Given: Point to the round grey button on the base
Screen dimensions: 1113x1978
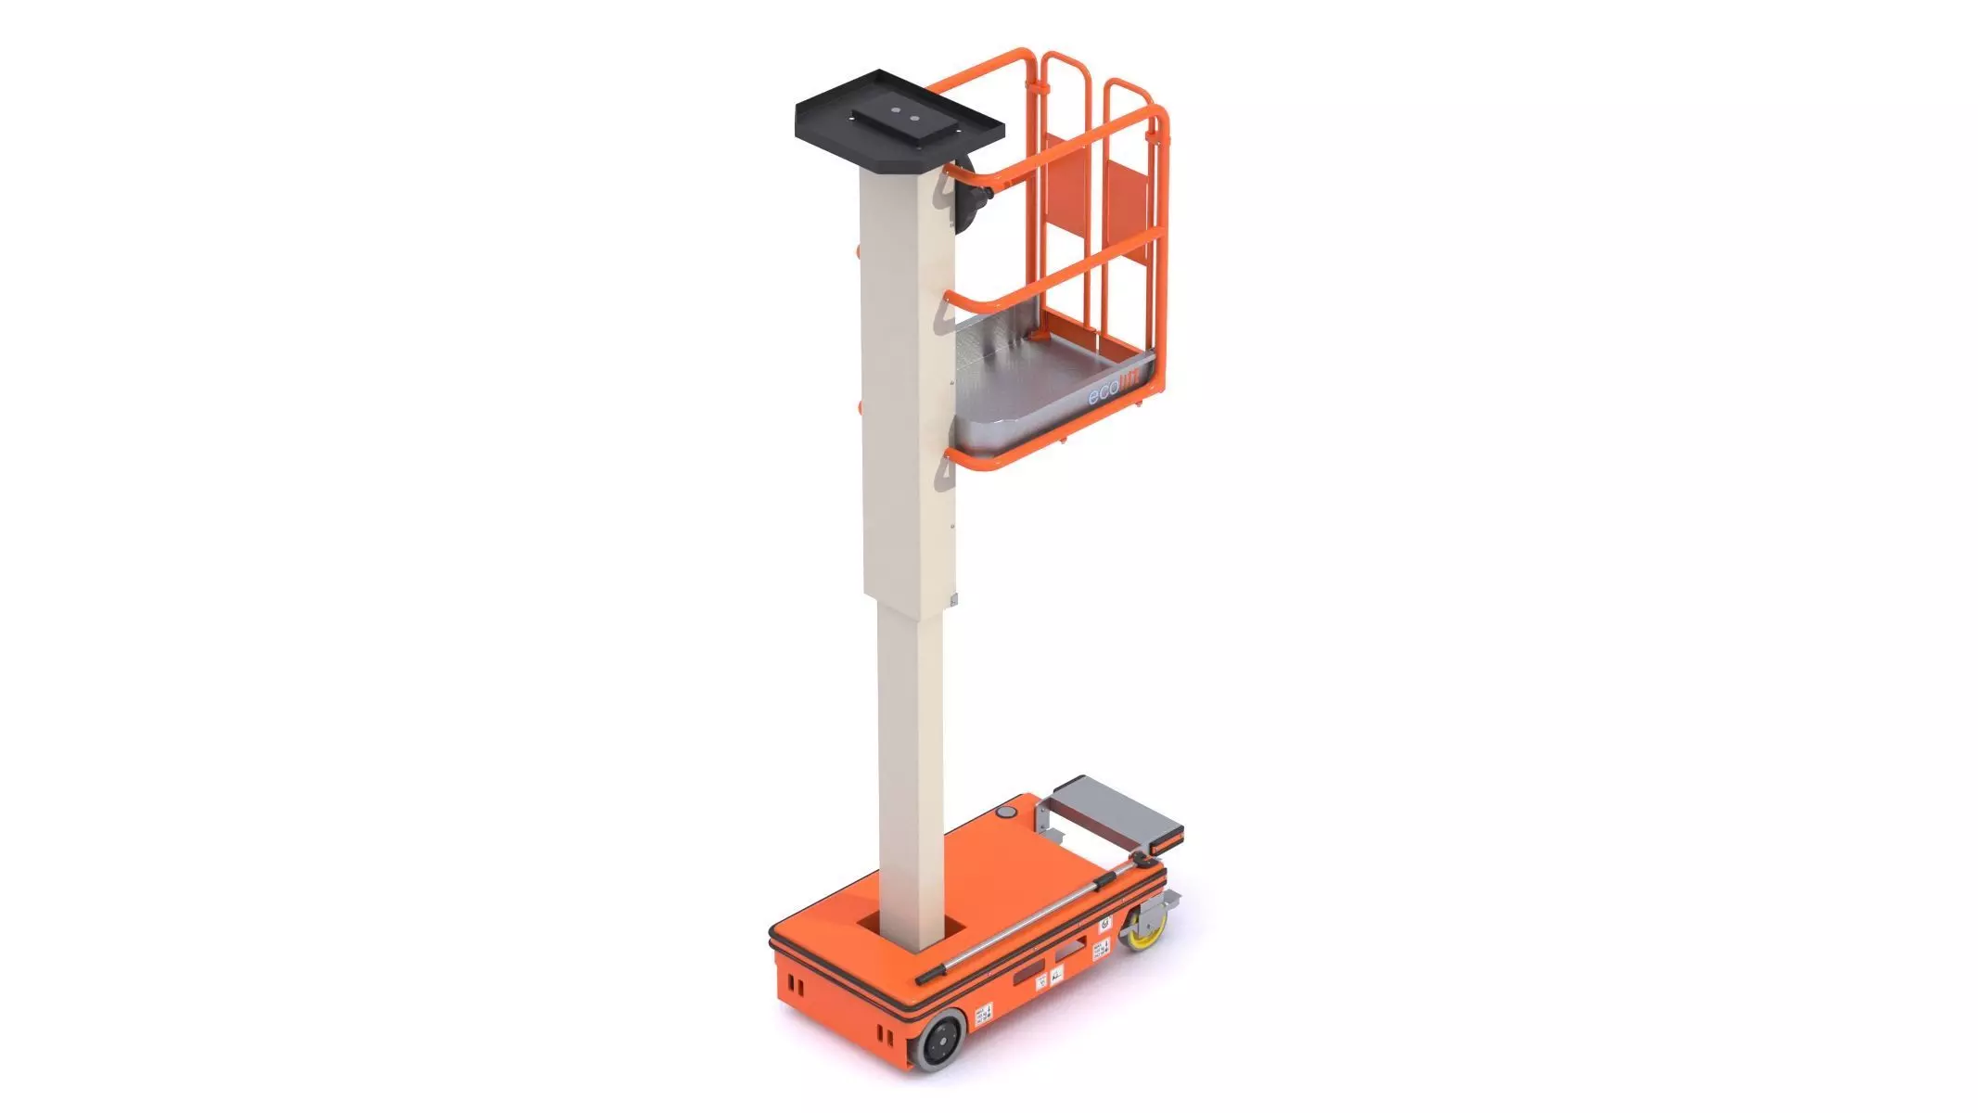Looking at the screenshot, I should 1006,813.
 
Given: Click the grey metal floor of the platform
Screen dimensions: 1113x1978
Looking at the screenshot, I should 1039,371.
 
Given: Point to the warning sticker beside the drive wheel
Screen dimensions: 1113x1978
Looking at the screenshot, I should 983,1013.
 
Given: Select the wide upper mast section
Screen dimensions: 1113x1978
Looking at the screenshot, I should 907,390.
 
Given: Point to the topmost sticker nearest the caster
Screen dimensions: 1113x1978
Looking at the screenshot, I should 1105,924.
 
